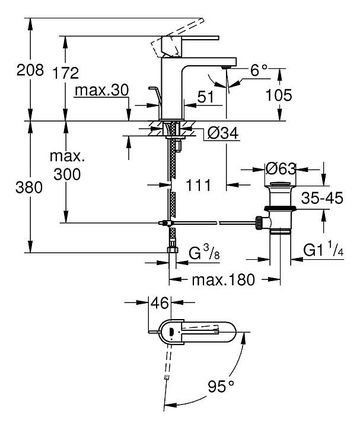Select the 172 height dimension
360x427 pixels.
[65, 74]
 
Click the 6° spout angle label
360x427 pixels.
[260, 71]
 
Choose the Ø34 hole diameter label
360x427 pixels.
[221, 135]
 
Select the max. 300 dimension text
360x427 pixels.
[66, 167]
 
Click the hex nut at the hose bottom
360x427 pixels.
[172, 250]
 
